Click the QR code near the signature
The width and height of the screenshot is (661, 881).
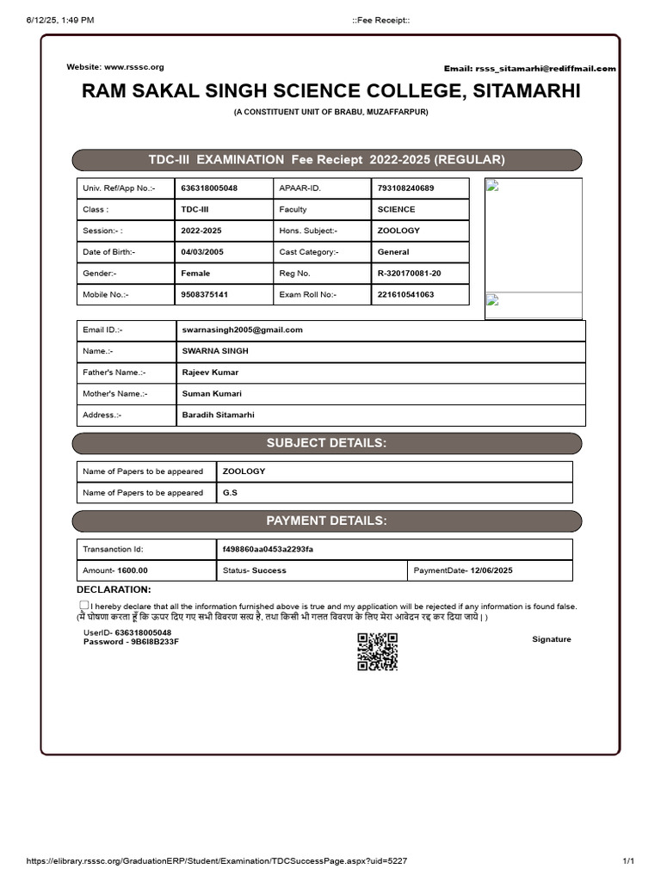tap(377, 651)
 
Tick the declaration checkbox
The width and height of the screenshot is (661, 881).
tap(84, 606)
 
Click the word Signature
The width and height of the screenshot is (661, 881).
tap(551, 639)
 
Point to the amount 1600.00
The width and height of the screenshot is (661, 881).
tap(132, 570)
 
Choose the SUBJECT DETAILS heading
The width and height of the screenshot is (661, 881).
tap(326, 443)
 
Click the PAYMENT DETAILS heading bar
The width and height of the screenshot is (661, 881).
tap(326, 521)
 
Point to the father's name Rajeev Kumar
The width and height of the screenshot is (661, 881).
tap(210, 373)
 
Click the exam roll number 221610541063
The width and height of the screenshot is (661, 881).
tap(405, 294)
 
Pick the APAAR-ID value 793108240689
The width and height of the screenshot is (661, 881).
tap(405, 188)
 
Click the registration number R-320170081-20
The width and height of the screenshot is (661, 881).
tap(409, 273)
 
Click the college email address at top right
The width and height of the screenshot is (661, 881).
tap(545, 69)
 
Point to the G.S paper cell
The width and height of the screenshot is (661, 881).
tap(230, 493)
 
